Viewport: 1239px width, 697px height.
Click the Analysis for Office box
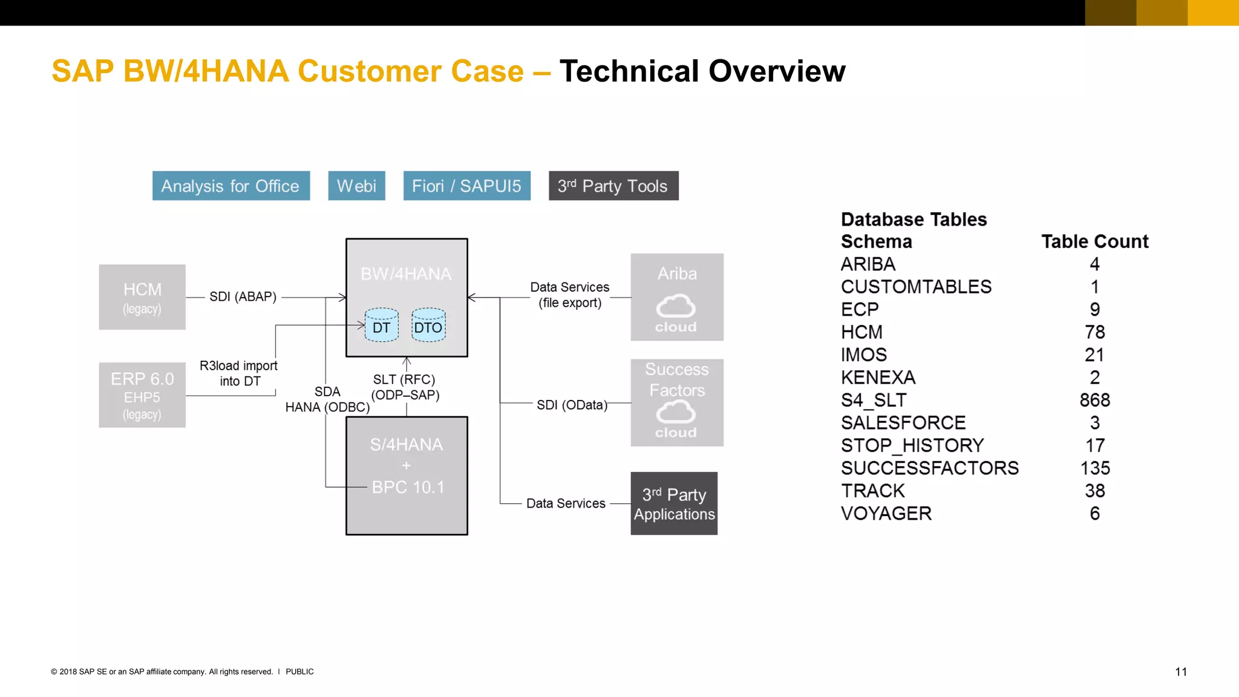pos(230,186)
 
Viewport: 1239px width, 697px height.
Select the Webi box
pos(356,186)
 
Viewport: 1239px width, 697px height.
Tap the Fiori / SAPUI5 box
pos(466,186)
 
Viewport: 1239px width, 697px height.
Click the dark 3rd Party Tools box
pos(613,186)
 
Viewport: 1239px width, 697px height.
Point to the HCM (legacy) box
pos(142,297)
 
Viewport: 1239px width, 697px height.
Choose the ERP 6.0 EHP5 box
pos(142,395)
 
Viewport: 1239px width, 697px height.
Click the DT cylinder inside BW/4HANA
pos(382,326)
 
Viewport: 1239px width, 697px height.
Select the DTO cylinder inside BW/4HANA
pos(428,326)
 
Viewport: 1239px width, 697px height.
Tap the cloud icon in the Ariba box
pos(676,306)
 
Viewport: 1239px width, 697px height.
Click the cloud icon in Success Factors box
pos(676,413)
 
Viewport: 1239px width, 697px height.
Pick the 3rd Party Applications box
pos(674,503)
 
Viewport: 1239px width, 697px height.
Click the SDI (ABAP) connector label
pos(243,296)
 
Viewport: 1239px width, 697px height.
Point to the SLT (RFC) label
pos(404,379)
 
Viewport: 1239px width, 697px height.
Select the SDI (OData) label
pos(572,405)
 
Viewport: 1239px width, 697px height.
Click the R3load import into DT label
pos(239,373)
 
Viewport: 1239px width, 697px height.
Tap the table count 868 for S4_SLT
pos(1094,400)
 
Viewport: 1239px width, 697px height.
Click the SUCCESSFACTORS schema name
pos(929,468)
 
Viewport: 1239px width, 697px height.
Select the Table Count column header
pos(1094,241)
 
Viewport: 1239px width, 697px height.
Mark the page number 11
pos(1180,672)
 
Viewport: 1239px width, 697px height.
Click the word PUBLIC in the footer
pos(299,672)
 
